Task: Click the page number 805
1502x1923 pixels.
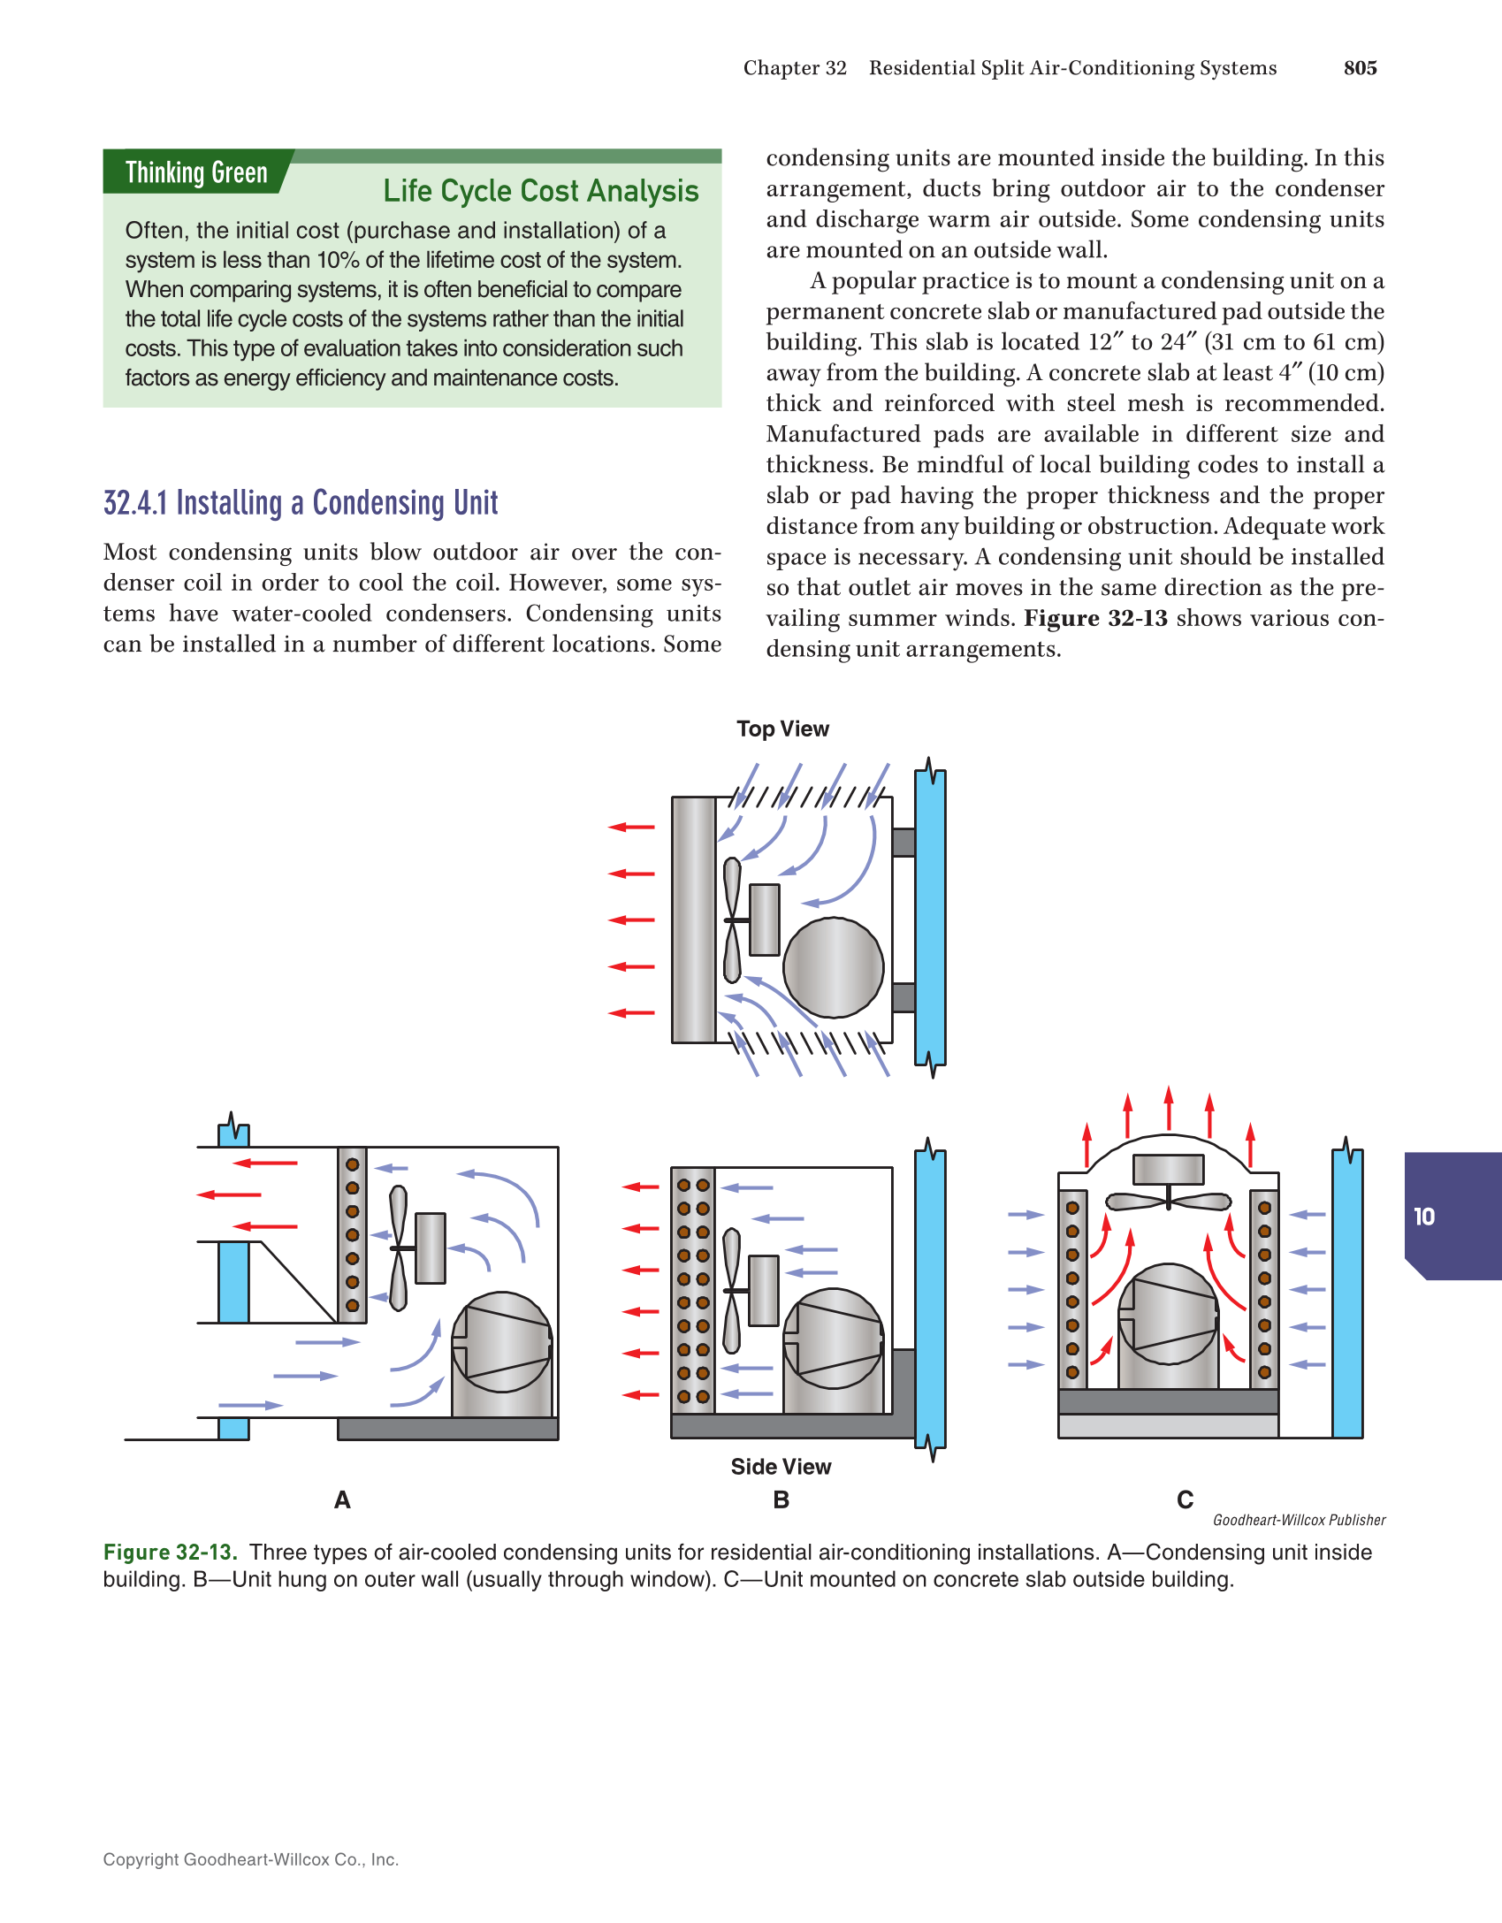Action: pos(1360,68)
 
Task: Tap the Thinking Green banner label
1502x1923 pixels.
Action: pos(196,172)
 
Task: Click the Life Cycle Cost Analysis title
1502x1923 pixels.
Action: pos(540,191)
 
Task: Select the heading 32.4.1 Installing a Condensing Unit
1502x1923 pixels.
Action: pos(301,503)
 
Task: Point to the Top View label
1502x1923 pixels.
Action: pos(782,729)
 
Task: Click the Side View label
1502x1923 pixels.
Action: pos(781,1467)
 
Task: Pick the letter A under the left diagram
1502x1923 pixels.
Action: pos(342,1499)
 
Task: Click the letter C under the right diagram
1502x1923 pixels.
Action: pos(1185,1499)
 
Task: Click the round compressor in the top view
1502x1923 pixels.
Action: pos(833,967)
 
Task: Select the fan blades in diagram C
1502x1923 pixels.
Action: pos(1168,1202)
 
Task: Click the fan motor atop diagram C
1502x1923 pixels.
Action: pos(1168,1169)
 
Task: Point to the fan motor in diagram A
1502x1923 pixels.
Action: pos(431,1248)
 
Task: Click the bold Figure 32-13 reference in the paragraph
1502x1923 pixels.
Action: pos(1095,618)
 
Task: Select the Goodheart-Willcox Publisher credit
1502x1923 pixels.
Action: pos(1299,1520)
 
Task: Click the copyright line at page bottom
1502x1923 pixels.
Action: pos(251,1859)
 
